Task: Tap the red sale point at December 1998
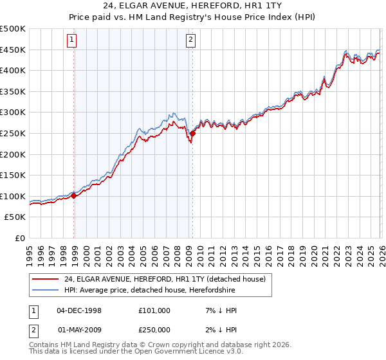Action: (74, 196)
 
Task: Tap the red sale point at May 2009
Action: (192, 134)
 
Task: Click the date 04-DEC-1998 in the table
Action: (79, 310)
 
